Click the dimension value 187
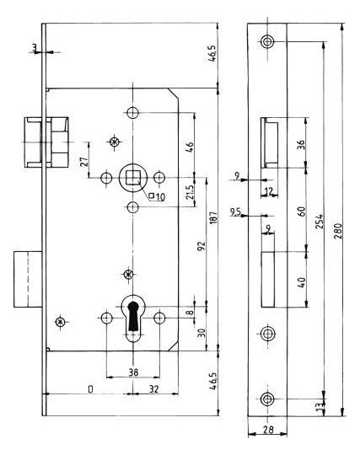212,217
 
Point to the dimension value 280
337,231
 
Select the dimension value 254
319,222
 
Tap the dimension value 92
201,246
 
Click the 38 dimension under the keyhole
133,372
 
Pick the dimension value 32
153,388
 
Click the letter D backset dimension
90,389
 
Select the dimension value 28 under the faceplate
267,430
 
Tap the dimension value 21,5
190,192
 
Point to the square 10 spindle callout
157,196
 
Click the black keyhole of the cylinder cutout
133,316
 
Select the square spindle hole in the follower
132,178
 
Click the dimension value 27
84,162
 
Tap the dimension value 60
302,211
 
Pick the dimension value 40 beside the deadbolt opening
302,282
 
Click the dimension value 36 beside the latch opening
302,145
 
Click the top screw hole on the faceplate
267,42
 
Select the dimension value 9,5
235,212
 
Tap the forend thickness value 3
35,47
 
